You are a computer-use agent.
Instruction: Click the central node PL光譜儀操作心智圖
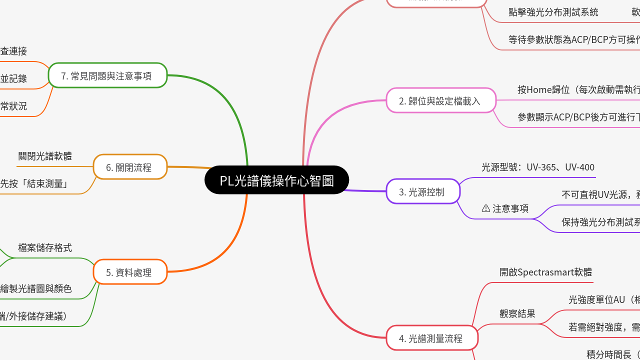pos(276,180)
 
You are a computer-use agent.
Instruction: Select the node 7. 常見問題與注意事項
pos(107,75)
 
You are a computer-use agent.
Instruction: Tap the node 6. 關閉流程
pos(130,167)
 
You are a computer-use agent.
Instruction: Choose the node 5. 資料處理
pos(130,272)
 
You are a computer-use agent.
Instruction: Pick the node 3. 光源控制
pos(422,191)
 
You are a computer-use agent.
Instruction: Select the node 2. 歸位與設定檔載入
pos(440,100)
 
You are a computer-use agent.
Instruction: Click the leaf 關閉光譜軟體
pos(45,156)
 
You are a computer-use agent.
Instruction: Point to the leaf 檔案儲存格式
pos(45,247)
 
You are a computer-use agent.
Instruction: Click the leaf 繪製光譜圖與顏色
pos(36,288)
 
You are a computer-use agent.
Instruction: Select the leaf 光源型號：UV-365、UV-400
pos(538,167)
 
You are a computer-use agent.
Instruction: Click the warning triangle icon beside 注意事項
pos(485,208)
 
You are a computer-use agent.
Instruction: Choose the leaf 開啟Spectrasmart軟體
pos(546,272)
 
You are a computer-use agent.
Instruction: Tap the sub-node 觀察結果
pos(517,313)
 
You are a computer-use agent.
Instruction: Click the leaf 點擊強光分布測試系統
pos(553,12)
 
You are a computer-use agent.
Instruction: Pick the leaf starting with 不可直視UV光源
pos(600,194)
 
